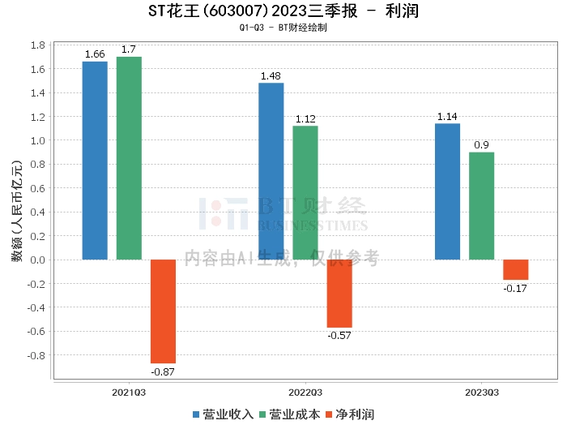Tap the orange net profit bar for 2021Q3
(x=163, y=311)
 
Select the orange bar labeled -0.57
(x=339, y=294)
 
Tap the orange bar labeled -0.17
(x=515, y=270)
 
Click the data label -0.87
(x=163, y=371)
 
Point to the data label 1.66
(x=95, y=54)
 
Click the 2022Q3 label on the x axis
(x=305, y=393)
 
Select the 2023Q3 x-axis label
(x=481, y=393)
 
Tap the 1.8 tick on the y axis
(x=37, y=45)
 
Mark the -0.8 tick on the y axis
(x=36, y=355)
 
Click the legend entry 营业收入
(x=223, y=414)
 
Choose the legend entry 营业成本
(x=289, y=414)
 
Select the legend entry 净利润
(x=349, y=414)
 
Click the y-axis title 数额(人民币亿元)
(x=16, y=212)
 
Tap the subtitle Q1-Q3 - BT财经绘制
(x=283, y=28)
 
